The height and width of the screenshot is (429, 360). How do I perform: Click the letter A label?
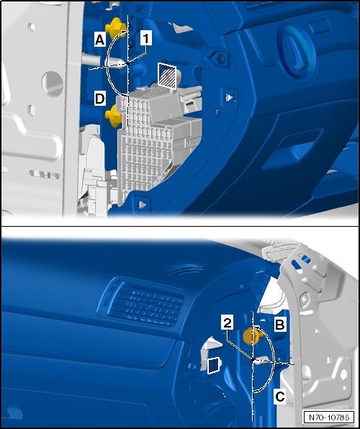(99, 40)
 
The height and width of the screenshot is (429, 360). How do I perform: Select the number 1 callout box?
(146, 37)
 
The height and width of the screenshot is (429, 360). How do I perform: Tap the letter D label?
(99, 99)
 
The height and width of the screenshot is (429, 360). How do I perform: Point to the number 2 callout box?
(228, 324)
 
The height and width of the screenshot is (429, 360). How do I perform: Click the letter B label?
(280, 325)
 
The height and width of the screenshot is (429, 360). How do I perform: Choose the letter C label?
(280, 397)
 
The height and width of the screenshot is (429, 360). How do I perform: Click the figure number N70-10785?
(329, 417)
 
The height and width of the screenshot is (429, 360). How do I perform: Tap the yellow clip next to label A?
(115, 28)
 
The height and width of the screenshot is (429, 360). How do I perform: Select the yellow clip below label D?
(114, 117)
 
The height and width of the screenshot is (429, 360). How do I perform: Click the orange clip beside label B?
(252, 335)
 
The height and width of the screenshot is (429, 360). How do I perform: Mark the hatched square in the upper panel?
(167, 76)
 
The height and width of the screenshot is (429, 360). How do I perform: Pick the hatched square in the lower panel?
(214, 365)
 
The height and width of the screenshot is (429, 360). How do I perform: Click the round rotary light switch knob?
(297, 51)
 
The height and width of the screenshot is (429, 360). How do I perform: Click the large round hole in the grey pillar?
(53, 83)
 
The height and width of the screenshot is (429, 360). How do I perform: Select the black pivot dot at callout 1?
(128, 64)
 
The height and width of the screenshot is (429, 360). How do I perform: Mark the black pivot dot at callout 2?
(253, 359)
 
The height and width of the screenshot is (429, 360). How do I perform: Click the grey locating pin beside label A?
(104, 62)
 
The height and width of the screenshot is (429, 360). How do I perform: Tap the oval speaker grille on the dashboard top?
(186, 268)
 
